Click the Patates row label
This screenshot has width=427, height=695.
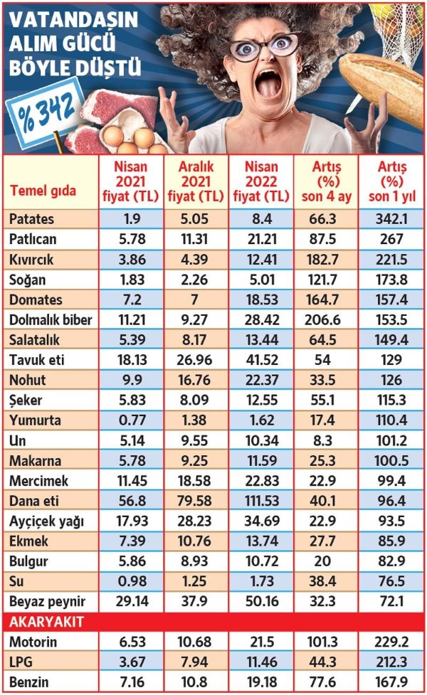tap(33, 218)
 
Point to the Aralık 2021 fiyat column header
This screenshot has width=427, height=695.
tap(194, 181)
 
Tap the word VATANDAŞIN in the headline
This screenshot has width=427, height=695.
tap(73, 21)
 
